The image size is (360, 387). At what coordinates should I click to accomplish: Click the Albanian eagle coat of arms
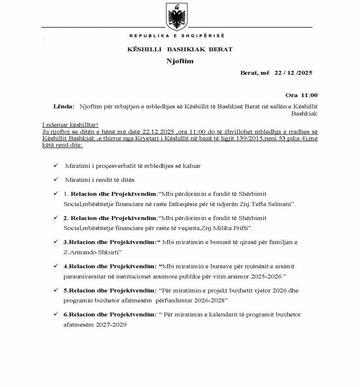click(x=177, y=17)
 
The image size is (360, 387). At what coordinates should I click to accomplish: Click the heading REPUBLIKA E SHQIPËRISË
click(x=177, y=36)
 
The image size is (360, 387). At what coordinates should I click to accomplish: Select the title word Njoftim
click(x=180, y=61)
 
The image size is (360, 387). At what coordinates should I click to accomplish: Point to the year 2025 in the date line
click(x=305, y=73)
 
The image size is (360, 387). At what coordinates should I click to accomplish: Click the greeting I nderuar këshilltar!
click(x=70, y=125)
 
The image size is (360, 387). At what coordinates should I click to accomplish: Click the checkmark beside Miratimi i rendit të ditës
click(x=56, y=180)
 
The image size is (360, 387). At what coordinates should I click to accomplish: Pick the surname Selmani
click(x=281, y=204)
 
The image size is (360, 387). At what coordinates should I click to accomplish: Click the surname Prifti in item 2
click(x=241, y=229)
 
